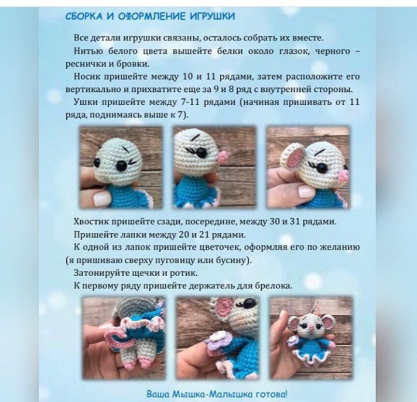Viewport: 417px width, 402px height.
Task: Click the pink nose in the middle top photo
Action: pyautogui.click(x=221, y=157)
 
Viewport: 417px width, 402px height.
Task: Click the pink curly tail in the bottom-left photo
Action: pyautogui.click(x=115, y=338)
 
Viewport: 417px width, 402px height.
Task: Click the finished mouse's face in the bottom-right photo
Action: pyautogui.click(x=309, y=324)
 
